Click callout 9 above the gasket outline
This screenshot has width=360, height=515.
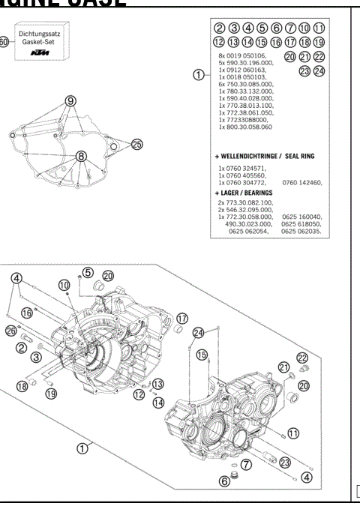[71, 100]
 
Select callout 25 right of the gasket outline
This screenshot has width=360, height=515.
[136, 144]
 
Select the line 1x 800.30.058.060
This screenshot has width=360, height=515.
[246, 127]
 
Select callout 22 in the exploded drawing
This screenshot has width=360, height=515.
[301, 358]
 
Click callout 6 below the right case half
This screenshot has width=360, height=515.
[223, 481]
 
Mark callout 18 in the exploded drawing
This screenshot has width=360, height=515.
[22, 386]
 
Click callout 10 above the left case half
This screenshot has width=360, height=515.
[64, 285]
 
